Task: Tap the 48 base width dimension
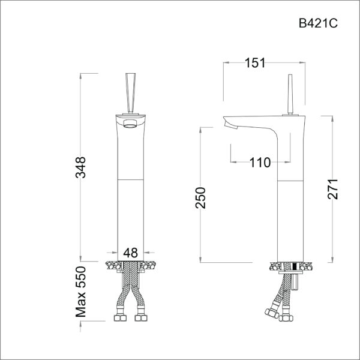pyautogui.click(x=131, y=253)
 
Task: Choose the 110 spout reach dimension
pyautogui.click(x=260, y=161)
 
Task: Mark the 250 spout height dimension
pyautogui.click(x=201, y=198)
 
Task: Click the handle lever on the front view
pyautogui.click(x=130, y=90)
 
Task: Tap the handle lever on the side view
pyautogui.click(x=289, y=93)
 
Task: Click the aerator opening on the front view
pyautogui.click(x=130, y=125)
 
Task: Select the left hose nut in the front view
pyautogui.click(x=119, y=316)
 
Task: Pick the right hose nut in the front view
pyautogui.click(x=141, y=316)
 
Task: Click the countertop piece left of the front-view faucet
pyautogui.click(x=112, y=265)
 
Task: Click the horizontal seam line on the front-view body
pyautogui.click(x=130, y=179)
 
